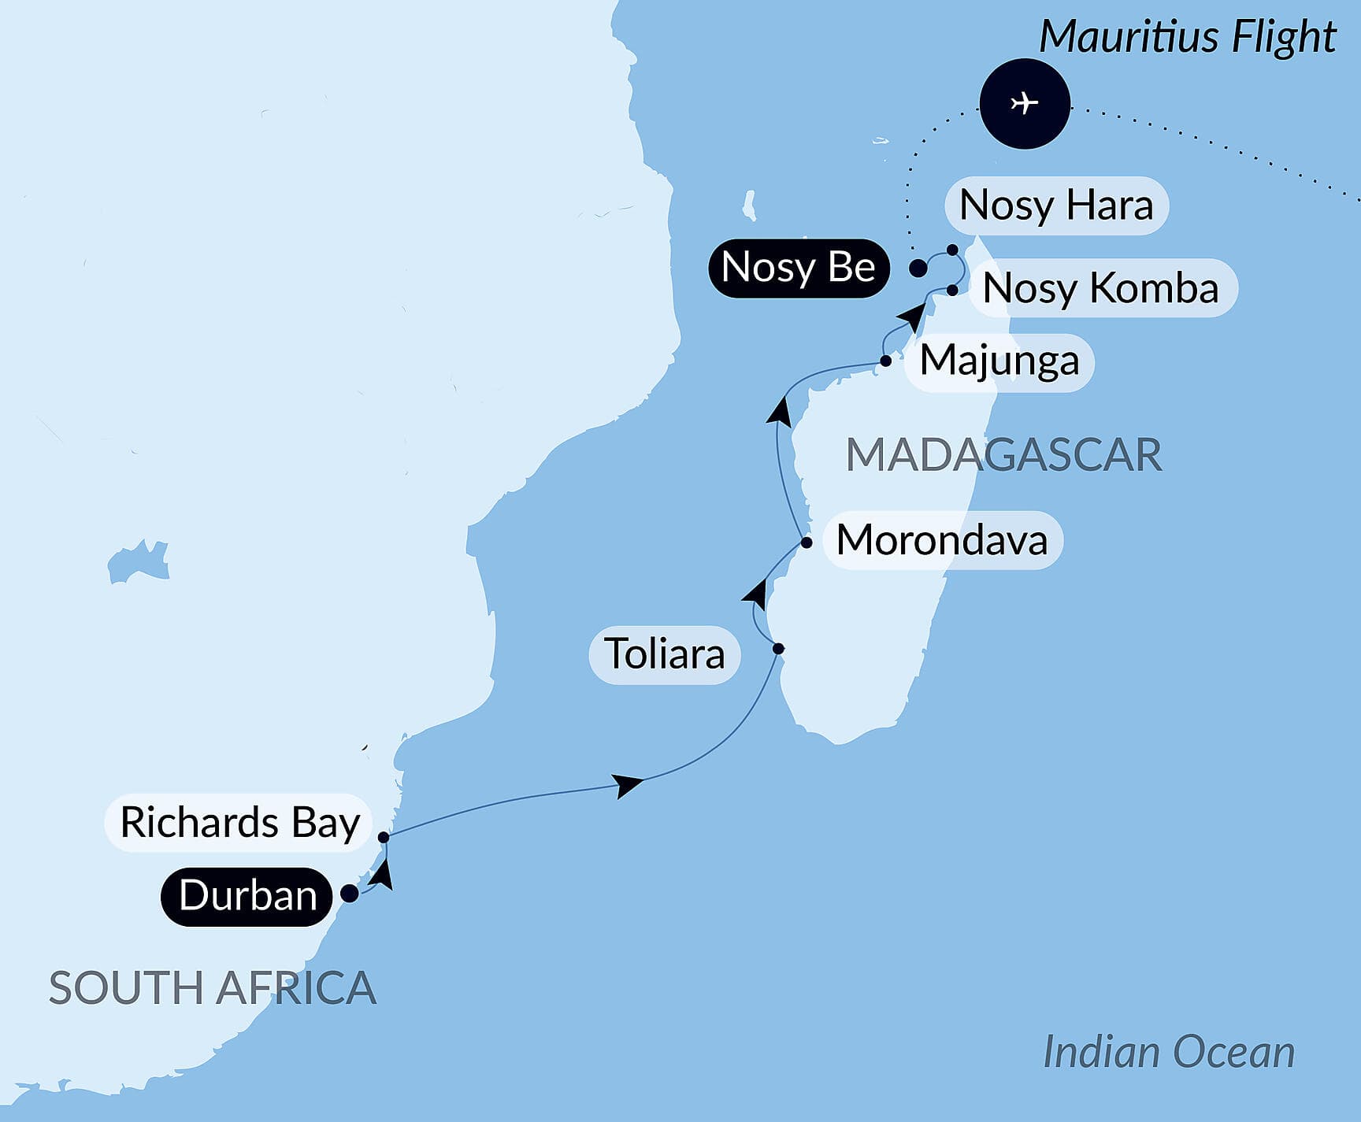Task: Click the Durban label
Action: click(247, 896)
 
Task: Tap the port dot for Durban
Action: click(349, 894)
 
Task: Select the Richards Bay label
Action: click(239, 823)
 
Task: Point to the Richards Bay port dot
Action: click(384, 837)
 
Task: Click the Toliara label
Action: click(664, 654)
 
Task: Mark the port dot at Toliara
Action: click(778, 649)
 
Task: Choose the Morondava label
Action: click(942, 541)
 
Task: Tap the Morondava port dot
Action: click(807, 542)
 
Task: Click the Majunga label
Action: click(999, 361)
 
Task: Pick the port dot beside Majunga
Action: click(886, 361)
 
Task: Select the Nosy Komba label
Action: click(1100, 288)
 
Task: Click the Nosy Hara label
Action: click(1056, 206)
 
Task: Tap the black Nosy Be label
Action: click(798, 268)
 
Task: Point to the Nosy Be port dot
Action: click(918, 268)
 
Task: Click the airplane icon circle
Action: click(1025, 103)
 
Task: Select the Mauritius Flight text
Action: click(1187, 37)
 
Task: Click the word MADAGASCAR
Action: click(1003, 455)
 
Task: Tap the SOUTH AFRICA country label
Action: click(213, 987)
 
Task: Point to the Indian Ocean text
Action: click(1169, 1052)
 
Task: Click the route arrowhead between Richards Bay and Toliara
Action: click(629, 784)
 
